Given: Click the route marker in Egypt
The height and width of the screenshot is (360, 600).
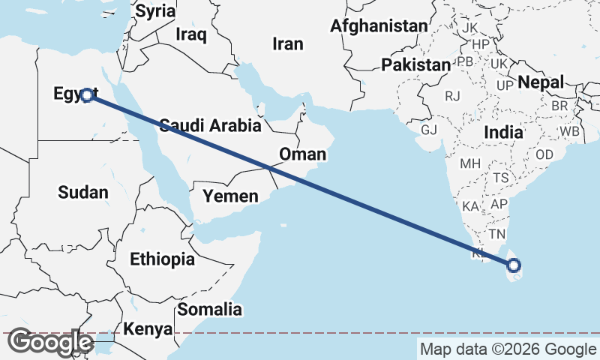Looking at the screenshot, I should click(x=87, y=95).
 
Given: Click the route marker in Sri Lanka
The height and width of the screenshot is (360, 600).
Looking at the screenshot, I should click(x=514, y=265).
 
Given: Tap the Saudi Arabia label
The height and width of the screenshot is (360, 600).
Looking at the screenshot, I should click(x=209, y=125).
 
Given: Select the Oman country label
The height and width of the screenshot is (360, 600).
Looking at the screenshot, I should click(x=302, y=154).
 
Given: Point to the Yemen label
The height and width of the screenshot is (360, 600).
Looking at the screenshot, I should click(x=230, y=196).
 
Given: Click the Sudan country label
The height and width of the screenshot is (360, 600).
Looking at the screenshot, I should click(x=82, y=192).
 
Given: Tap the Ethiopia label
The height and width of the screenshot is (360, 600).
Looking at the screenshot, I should click(x=162, y=259).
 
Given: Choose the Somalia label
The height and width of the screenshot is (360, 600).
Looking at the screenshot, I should click(x=209, y=309).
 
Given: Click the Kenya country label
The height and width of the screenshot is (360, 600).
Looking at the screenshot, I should click(x=148, y=329).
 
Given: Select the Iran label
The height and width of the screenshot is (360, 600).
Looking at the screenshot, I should click(x=288, y=44).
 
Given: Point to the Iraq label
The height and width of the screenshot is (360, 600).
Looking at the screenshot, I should click(x=190, y=34).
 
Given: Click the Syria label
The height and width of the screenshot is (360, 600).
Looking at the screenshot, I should click(x=155, y=11).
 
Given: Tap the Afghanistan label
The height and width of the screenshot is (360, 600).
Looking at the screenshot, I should click(x=379, y=26).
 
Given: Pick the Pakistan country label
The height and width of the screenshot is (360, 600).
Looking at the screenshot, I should click(x=415, y=65).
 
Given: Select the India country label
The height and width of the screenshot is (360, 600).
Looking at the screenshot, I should click(x=502, y=131).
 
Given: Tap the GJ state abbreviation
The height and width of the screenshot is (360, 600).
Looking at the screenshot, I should click(x=428, y=130).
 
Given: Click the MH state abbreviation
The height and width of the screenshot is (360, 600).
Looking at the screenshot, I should click(x=470, y=163).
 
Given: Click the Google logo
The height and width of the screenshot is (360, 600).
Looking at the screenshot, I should click(x=50, y=342).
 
